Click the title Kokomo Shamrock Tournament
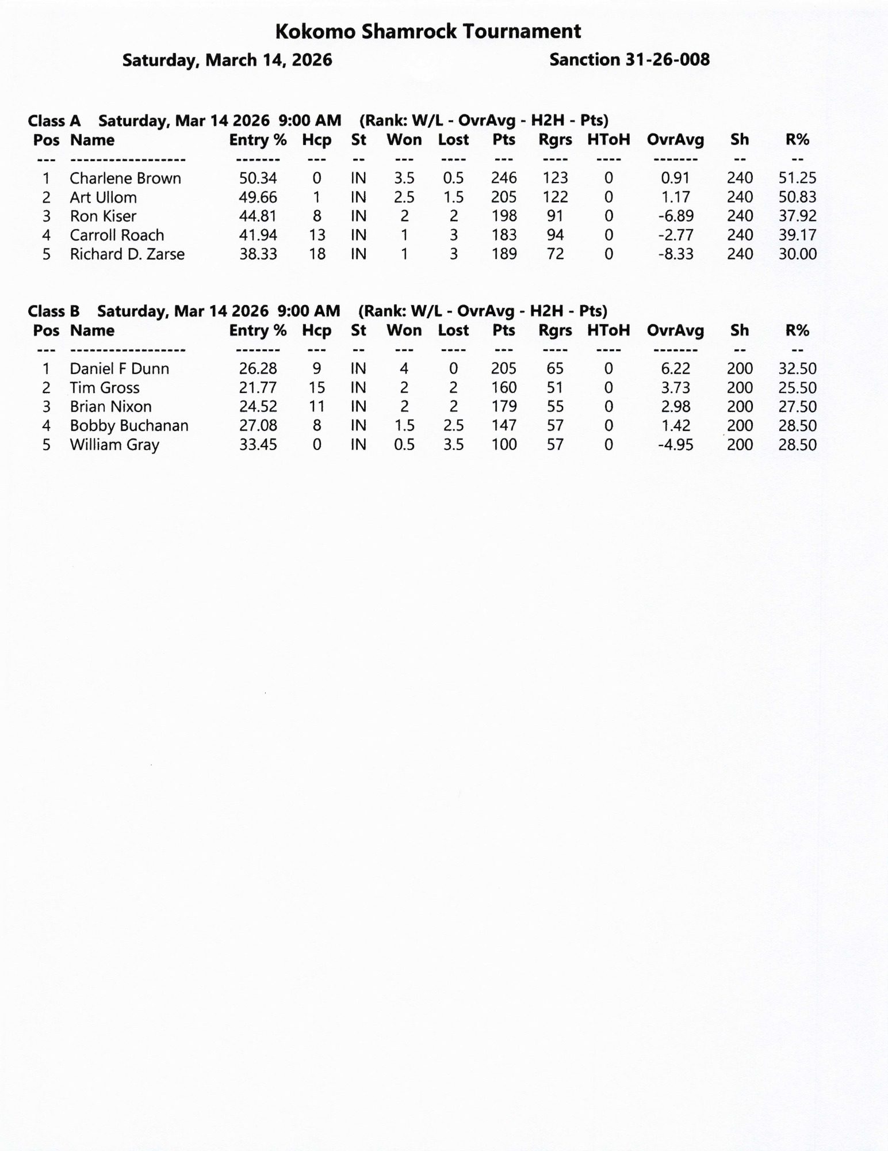pos(428,32)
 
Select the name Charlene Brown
pos(125,178)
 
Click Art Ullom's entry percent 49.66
pos(258,197)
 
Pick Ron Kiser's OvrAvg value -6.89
pos(675,216)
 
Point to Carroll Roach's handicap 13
pos(317,235)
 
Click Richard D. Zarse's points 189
pos(504,254)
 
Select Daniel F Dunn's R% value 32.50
pos(797,369)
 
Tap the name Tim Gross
pos(105,388)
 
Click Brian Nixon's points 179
pos(504,407)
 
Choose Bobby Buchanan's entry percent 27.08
pos(258,426)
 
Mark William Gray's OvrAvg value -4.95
pos(675,445)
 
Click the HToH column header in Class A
pos(608,140)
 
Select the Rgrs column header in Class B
pos(555,330)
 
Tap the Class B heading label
pos(53,311)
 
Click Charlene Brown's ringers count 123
pos(555,178)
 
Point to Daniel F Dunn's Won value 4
pos(404,369)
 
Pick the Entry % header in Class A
pos(258,140)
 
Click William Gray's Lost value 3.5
pos(453,445)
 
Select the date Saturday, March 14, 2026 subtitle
pos(227,60)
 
